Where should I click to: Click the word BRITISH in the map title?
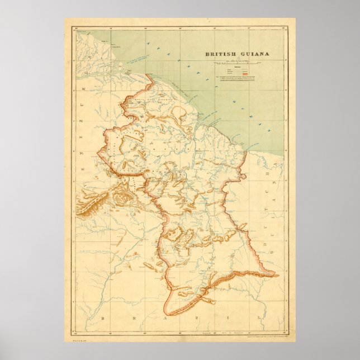click(221, 54)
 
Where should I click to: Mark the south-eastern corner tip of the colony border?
click(274, 274)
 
